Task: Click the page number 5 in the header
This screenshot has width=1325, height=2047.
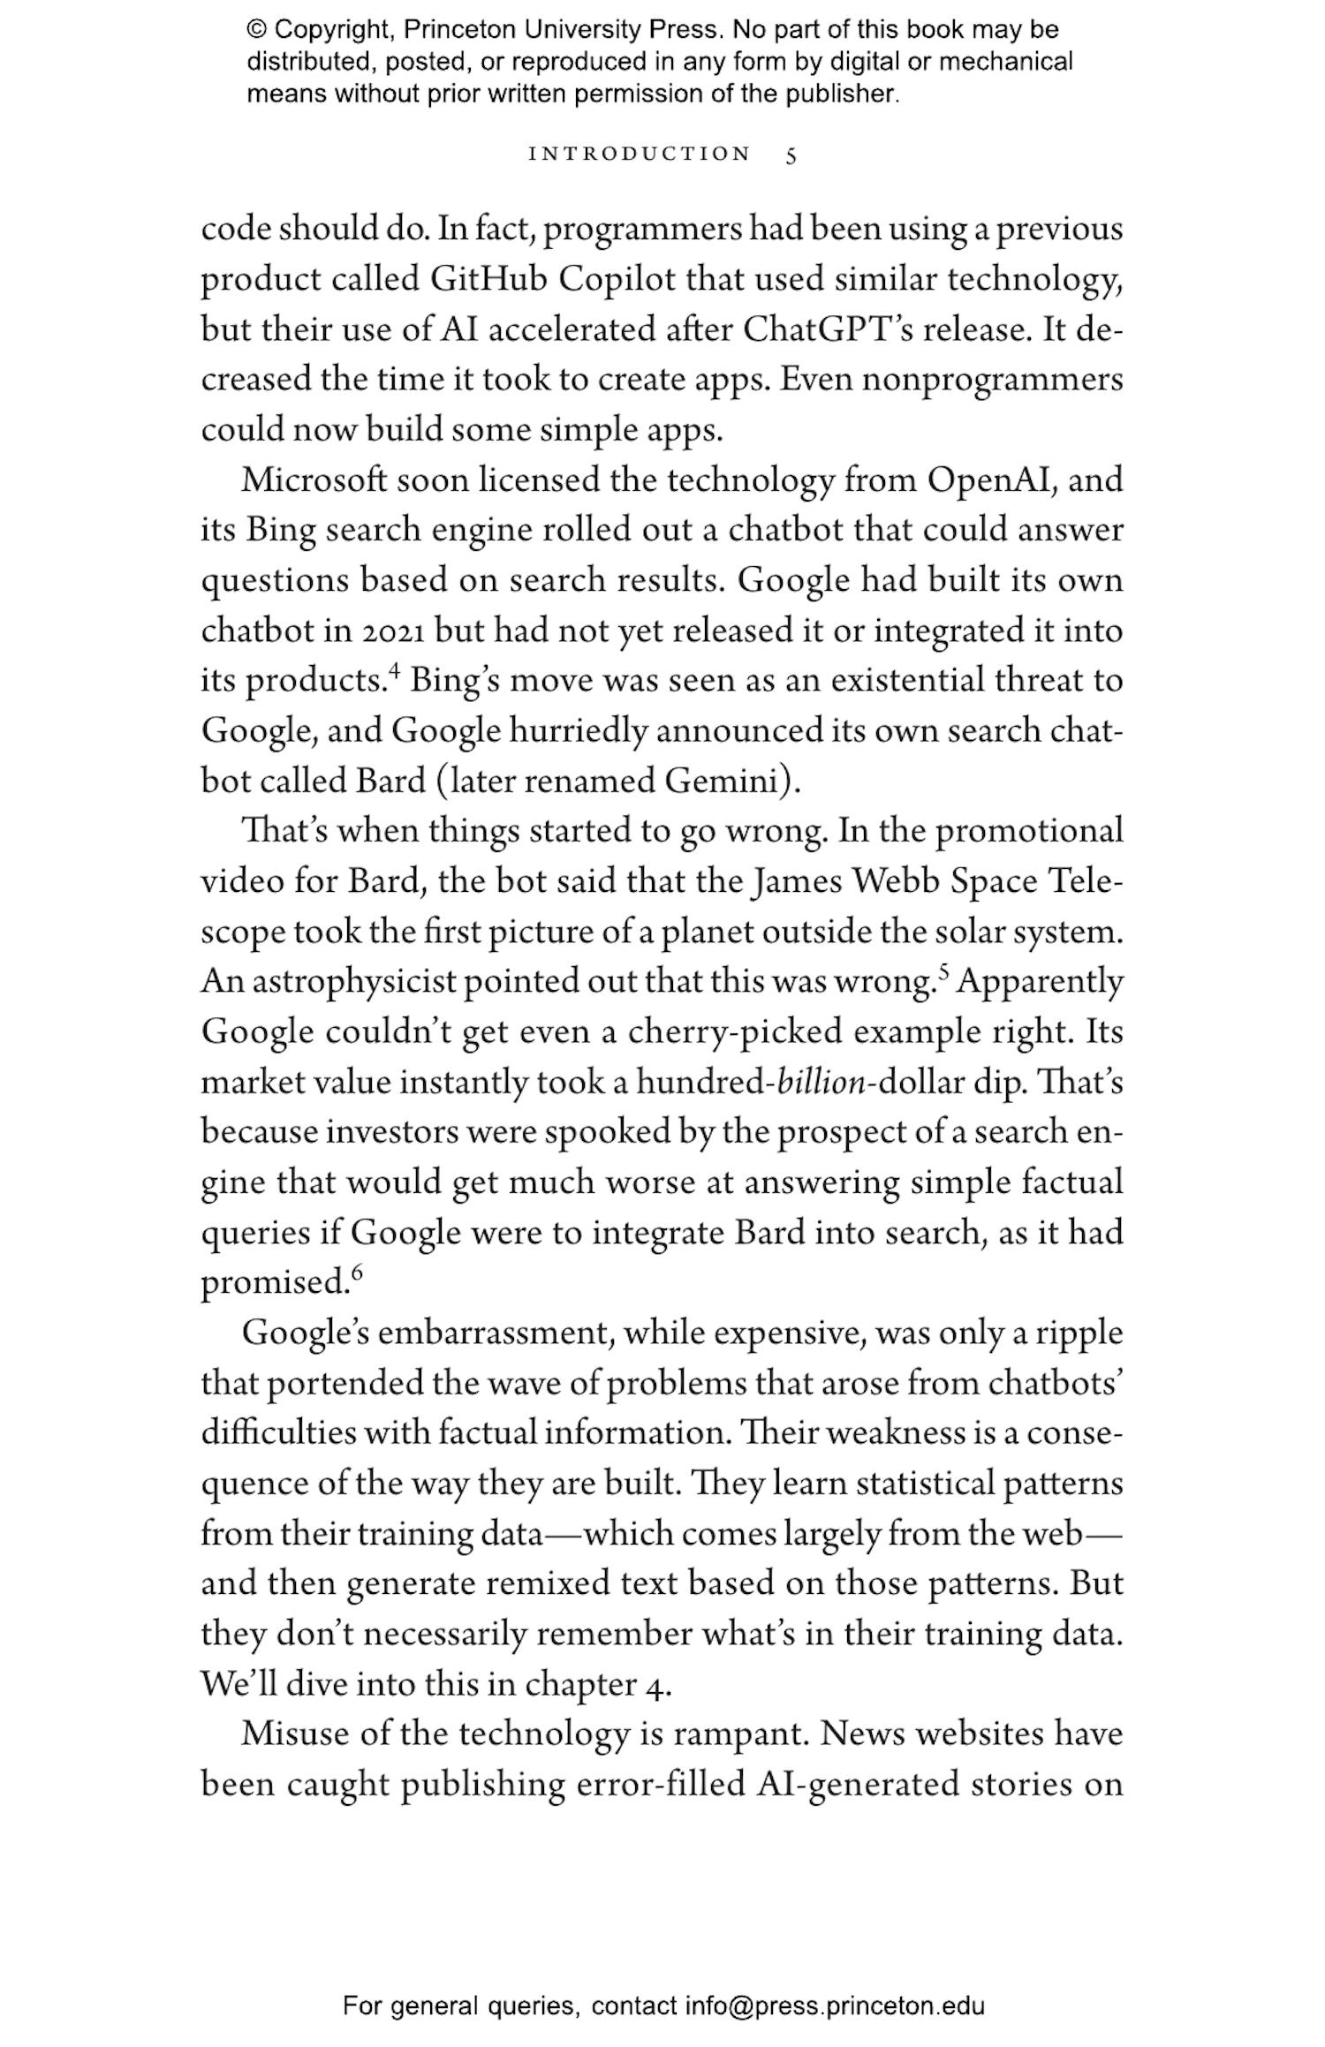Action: tap(791, 155)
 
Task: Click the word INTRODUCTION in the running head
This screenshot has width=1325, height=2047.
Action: tap(639, 155)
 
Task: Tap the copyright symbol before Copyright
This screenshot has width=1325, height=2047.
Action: tap(256, 30)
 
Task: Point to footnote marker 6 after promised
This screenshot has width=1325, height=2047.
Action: tap(357, 1273)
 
